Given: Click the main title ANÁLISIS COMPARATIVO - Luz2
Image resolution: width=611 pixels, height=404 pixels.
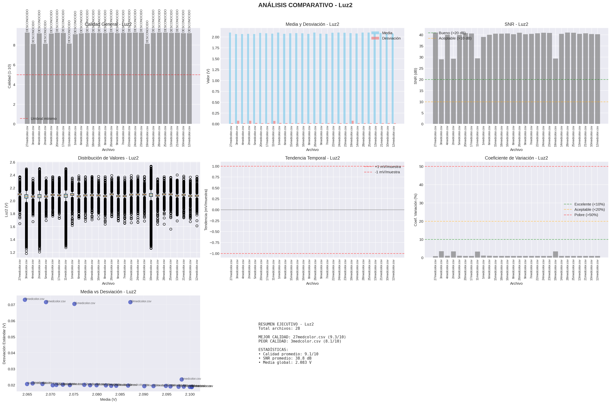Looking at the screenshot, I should pyautogui.click(x=305, y=5).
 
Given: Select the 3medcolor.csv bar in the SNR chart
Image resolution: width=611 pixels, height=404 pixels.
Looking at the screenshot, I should pyautogui.click(x=441, y=91).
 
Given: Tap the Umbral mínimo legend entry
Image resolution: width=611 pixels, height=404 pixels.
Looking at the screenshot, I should pyautogui.click(x=43, y=119).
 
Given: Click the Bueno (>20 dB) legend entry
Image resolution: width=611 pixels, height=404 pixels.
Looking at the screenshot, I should pyautogui.click(x=452, y=33).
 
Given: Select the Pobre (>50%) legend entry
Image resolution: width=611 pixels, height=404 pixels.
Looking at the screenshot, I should pyautogui.click(x=586, y=215).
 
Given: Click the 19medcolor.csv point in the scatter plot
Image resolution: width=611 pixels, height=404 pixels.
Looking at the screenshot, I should pyautogui.click(x=130, y=302).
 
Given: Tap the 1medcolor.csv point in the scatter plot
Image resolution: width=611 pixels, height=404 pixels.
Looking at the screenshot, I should pyautogui.click(x=181, y=379).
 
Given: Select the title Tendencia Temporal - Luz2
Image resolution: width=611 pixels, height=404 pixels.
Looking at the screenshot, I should pyautogui.click(x=312, y=158).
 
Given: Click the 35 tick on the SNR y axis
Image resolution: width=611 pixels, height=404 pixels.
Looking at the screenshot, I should pyautogui.click(x=421, y=46).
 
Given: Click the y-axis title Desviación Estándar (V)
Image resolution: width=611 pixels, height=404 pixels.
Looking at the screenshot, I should pyautogui.click(x=4, y=343).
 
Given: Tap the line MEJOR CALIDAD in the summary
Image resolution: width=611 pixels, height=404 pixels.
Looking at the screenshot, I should pyautogui.click(x=302, y=337).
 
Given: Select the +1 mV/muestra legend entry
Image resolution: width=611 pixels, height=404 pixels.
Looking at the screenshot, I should pyautogui.click(x=387, y=167).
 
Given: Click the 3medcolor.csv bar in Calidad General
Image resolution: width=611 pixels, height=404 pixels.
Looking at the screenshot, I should pyautogui.click(x=33, y=84).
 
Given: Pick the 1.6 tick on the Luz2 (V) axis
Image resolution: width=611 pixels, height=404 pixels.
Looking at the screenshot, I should pyautogui.click(x=12, y=227).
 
